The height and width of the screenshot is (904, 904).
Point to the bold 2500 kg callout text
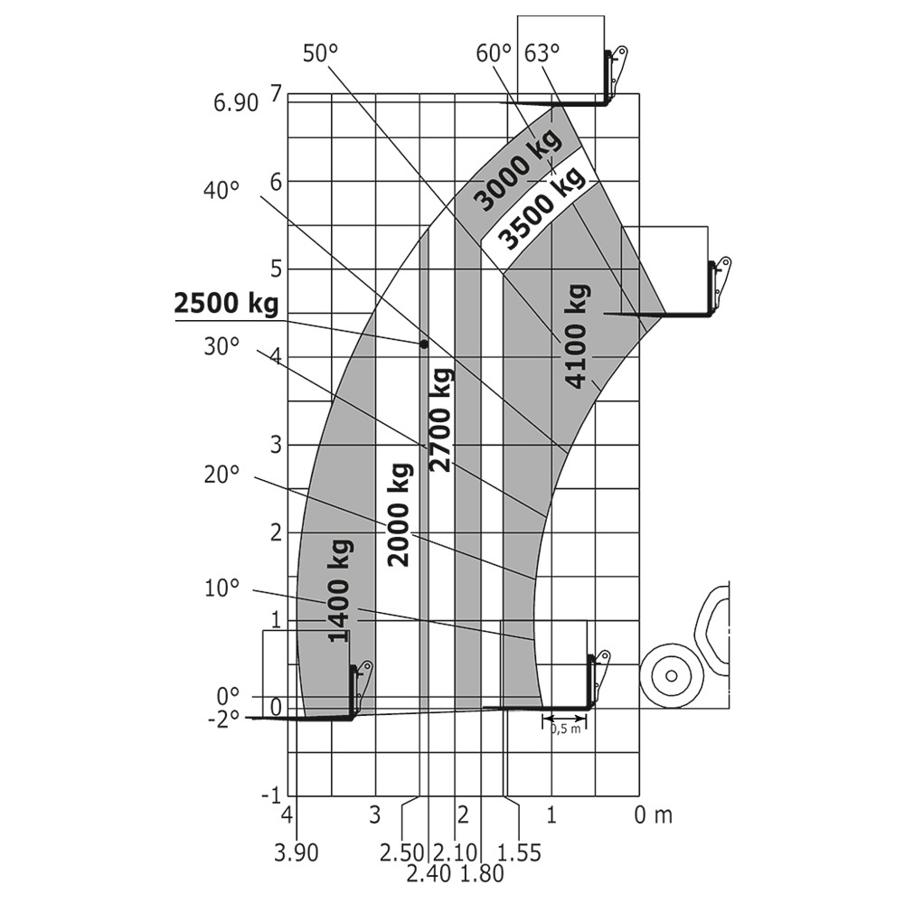pyautogui.click(x=225, y=305)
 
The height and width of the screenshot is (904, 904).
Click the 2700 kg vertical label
pyautogui.click(x=441, y=419)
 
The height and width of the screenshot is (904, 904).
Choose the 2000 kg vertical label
pyautogui.click(x=400, y=513)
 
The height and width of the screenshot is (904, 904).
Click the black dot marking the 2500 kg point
pyautogui.click(x=423, y=344)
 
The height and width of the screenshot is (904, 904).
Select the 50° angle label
pyautogui.click(x=319, y=53)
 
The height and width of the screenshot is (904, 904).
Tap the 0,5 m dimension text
pyautogui.click(x=565, y=730)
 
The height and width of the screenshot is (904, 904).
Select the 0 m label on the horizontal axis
pyautogui.click(x=653, y=815)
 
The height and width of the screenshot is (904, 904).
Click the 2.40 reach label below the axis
pyautogui.click(x=428, y=873)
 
